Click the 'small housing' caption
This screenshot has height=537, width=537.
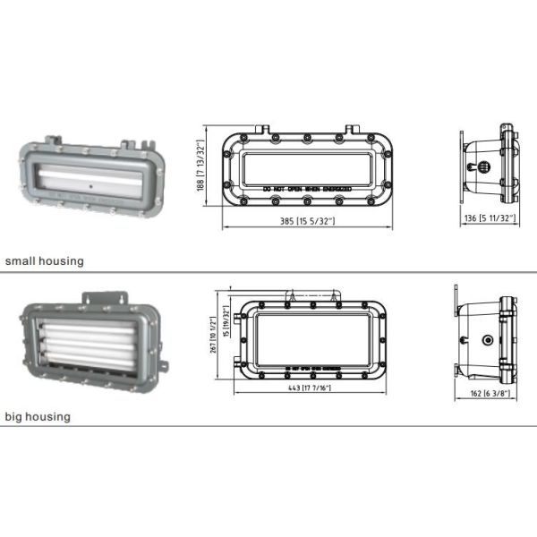tap(44, 261)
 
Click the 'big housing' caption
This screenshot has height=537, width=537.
tap(37, 416)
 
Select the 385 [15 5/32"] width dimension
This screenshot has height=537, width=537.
tap(306, 220)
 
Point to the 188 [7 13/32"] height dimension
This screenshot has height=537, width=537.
tap(201, 170)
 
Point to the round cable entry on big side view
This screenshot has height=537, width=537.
tap(487, 341)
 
